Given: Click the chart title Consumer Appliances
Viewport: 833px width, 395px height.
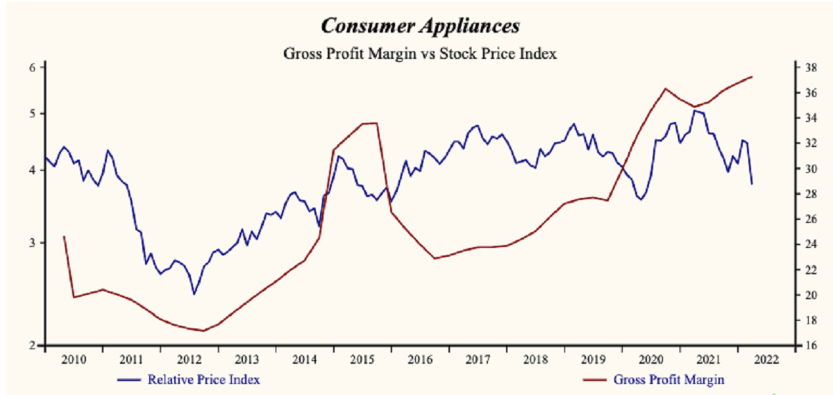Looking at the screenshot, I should [x=420, y=27].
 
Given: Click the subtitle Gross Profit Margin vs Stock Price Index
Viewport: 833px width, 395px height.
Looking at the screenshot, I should [x=420, y=53].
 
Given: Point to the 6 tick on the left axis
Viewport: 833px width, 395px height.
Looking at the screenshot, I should [x=32, y=67].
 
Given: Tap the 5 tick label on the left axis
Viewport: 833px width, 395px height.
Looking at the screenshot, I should [x=32, y=113].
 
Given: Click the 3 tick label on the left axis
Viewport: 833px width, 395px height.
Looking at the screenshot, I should [x=32, y=243].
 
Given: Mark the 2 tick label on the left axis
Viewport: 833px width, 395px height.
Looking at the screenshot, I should [x=32, y=345].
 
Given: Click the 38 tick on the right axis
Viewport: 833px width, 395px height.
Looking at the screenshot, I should [x=809, y=67].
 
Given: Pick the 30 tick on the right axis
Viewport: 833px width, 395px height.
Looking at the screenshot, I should [x=809, y=169].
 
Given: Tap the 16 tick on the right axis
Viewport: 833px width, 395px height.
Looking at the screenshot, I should [x=809, y=346].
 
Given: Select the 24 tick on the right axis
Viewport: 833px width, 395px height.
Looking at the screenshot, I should [x=809, y=244].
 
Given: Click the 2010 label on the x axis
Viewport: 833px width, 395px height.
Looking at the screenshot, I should [x=74, y=360].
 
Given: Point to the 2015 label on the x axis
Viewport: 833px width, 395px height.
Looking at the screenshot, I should [x=361, y=360].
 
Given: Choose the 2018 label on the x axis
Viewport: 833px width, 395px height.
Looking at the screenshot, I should [x=534, y=360].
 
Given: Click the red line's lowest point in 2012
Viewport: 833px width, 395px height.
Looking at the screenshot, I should [x=203, y=330].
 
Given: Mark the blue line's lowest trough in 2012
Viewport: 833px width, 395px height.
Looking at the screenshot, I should [x=194, y=294].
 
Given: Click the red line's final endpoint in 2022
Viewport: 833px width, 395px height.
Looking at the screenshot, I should [x=752, y=76].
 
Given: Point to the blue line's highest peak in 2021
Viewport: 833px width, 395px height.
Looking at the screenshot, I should [x=694, y=110].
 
